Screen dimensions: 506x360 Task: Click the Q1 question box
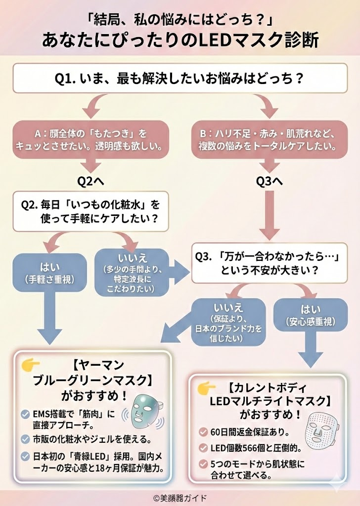[x=180, y=79]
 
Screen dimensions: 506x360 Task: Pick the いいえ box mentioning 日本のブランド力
[x=228, y=321]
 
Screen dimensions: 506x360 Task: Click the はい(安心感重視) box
[x=311, y=315]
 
